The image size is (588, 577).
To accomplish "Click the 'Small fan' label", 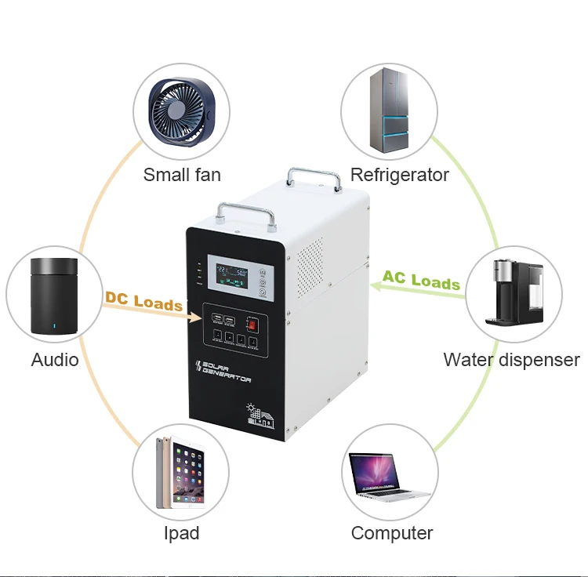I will tap(182, 174).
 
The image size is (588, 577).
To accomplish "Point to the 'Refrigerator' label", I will tap(399, 174).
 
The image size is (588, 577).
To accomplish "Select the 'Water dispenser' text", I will tap(511, 360).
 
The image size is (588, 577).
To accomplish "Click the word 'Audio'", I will tap(55, 360).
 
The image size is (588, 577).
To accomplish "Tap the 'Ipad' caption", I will tap(181, 533).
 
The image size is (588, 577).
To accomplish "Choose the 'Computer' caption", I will tap(392, 533).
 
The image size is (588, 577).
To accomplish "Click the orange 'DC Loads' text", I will tap(143, 301).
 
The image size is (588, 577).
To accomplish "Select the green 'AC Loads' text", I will tap(421, 280).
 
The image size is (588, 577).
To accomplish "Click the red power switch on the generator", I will tap(252, 323).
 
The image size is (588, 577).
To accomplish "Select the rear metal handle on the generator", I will tap(314, 176).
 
